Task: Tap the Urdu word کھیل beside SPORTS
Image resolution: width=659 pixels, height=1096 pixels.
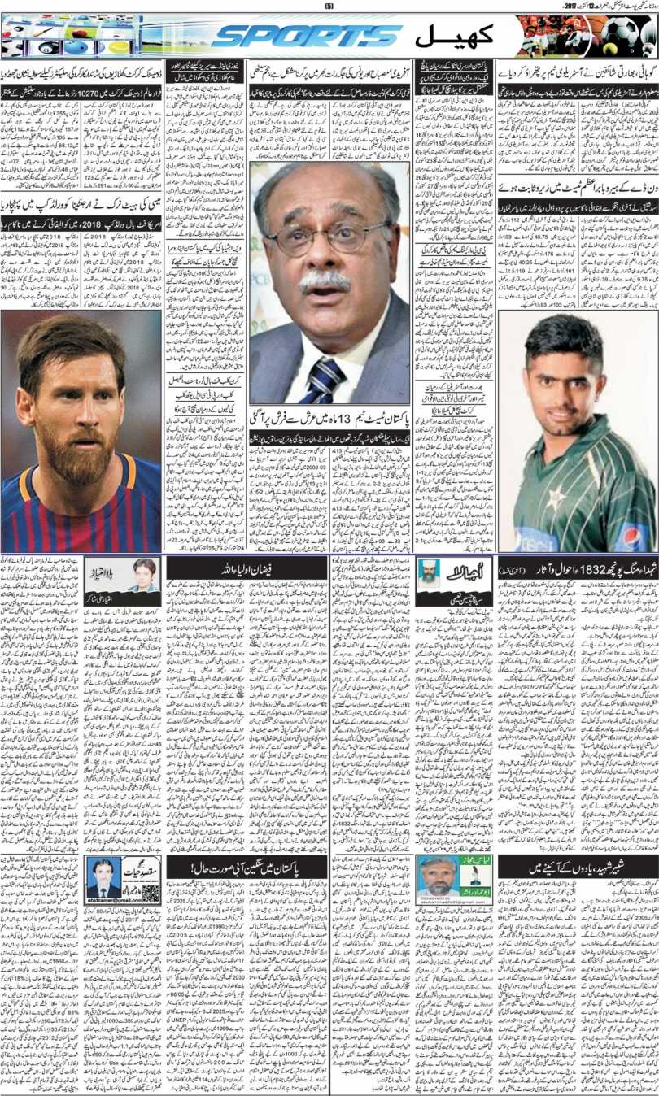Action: tap(450, 37)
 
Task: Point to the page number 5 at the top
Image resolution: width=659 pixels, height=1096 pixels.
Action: tap(330, 7)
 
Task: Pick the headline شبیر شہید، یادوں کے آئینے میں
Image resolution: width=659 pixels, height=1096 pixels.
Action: tap(577, 868)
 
